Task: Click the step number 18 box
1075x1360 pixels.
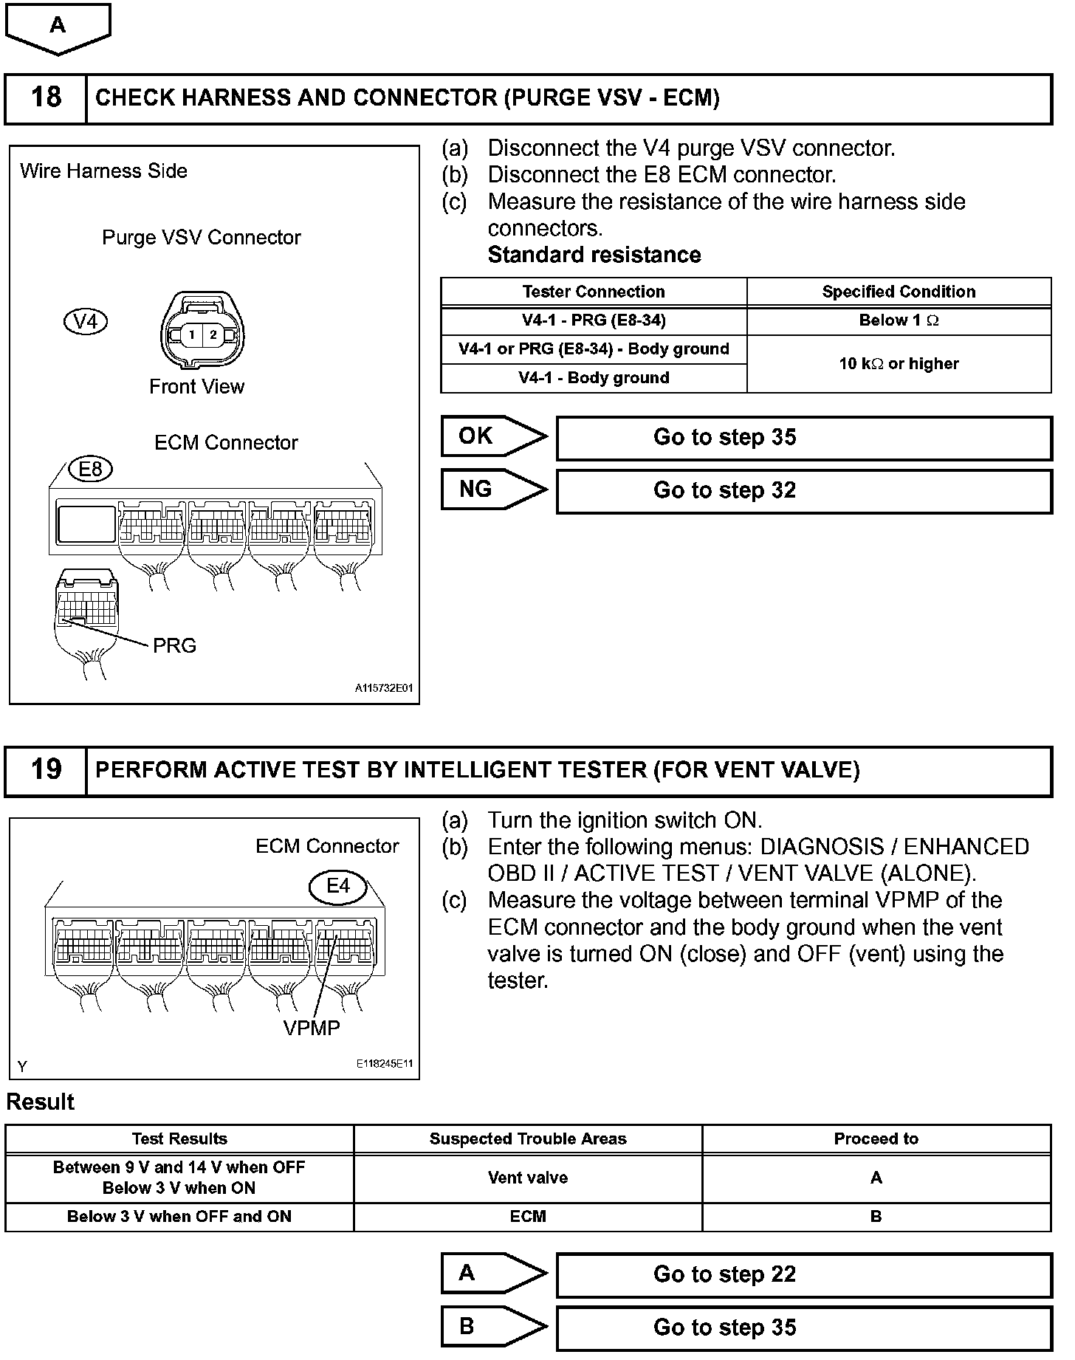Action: [x=46, y=97]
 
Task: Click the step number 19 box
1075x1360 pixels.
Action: [x=46, y=770]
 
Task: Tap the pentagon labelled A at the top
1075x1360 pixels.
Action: [x=58, y=27]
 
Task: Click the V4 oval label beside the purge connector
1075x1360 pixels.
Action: [x=86, y=321]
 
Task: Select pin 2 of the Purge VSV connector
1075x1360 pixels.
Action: [x=213, y=334]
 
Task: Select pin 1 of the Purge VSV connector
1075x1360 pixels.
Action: [x=191, y=334]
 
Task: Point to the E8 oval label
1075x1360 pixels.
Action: [x=90, y=469]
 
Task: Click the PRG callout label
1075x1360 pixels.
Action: [x=174, y=646]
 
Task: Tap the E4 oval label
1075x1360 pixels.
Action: [x=338, y=885]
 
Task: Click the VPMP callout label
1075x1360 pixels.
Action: [x=312, y=1028]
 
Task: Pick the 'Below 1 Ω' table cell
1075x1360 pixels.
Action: [x=899, y=320]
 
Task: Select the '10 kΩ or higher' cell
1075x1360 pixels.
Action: [x=899, y=363]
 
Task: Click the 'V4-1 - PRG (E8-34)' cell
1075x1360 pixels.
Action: [x=594, y=320]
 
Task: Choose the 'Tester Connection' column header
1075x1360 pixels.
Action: [x=594, y=292]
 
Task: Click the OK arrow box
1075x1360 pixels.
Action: [x=492, y=436]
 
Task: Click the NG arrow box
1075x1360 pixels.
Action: [x=492, y=490]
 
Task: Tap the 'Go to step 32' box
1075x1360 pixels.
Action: [x=803, y=491]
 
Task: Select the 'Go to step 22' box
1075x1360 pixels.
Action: [x=803, y=1274]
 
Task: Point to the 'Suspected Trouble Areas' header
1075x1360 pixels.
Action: [x=528, y=1139]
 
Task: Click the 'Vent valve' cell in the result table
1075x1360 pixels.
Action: [x=528, y=1178]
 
